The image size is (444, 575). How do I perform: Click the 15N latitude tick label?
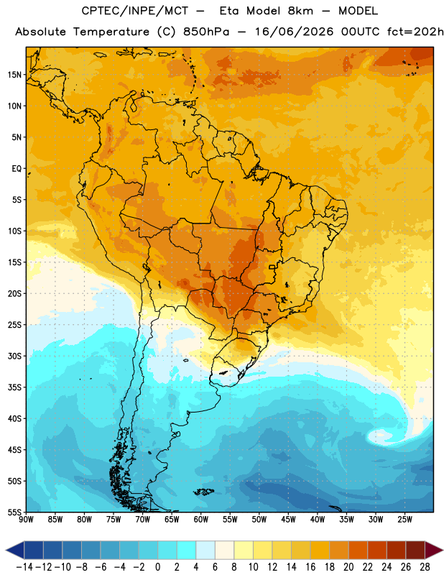click(x=14, y=75)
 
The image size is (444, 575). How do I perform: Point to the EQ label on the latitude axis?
click(x=17, y=169)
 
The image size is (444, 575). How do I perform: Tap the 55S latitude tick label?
click(x=14, y=512)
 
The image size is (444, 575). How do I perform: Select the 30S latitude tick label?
click(x=14, y=356)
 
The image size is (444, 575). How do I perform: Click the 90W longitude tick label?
click(x=26, y=519)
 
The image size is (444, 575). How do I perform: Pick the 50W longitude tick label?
click(x=259, y=519)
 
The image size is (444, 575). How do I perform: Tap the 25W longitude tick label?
click(x=404, y=519)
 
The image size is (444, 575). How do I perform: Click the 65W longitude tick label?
click(x=172, y=519)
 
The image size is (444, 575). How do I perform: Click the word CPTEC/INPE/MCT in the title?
click(x=135, y=11)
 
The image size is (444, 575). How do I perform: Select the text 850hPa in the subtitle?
click(x=206, y=32)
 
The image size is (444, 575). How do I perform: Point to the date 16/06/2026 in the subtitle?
click(x=295, y=32)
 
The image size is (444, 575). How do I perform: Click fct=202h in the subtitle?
click(x=415, y=32)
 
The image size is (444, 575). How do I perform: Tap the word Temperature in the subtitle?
click(x=111, y=32)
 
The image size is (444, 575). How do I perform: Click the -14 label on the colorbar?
click(x=24, y=567)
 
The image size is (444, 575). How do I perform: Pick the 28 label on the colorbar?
click(x=425, y=567)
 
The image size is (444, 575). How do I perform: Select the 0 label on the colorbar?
click(x=157, y=567)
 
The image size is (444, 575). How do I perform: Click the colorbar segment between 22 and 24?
click(x=377, y=550)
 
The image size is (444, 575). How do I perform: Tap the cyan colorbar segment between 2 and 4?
click(x=186, y=550)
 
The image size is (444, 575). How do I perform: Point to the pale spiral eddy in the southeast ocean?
click(x=381, y=436)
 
